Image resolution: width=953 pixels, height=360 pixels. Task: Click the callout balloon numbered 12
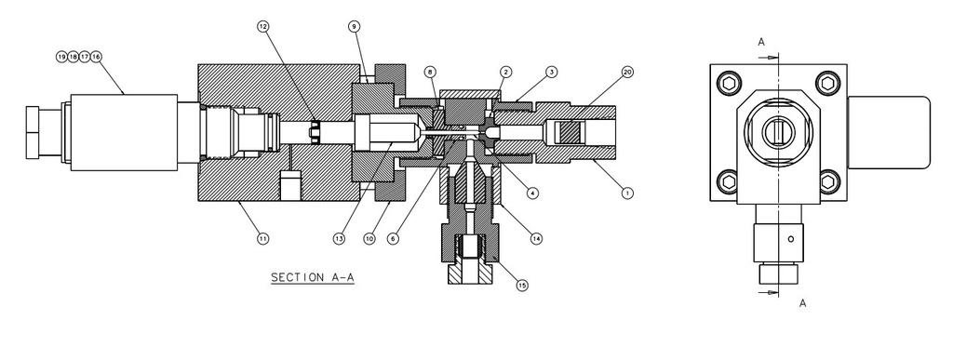click(263, 26)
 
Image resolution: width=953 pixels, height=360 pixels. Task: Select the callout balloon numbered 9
click(355, 26)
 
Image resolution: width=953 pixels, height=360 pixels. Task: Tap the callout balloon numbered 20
click(626, 72)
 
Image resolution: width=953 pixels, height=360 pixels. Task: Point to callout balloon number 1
click(626, 193)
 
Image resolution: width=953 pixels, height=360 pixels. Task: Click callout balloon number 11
click(263, 239)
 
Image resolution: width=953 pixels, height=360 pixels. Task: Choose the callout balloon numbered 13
click(340, 239)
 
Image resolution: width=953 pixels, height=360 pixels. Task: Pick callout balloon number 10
click(369, 239)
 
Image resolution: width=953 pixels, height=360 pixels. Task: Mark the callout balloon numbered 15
click(522, 286)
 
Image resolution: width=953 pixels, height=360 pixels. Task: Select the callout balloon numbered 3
click(552, 72)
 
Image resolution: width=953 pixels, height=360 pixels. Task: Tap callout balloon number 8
click(429, 72)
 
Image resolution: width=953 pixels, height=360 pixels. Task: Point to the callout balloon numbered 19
click(62, 57)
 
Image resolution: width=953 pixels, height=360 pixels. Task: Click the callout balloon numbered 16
click(96, 57)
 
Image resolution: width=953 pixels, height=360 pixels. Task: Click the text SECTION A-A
click(307, 277)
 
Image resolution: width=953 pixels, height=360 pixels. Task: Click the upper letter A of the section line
click(761, 42)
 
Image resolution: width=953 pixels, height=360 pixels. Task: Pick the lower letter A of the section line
click(802, 302)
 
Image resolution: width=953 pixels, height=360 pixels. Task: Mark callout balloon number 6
click(394, 239)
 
